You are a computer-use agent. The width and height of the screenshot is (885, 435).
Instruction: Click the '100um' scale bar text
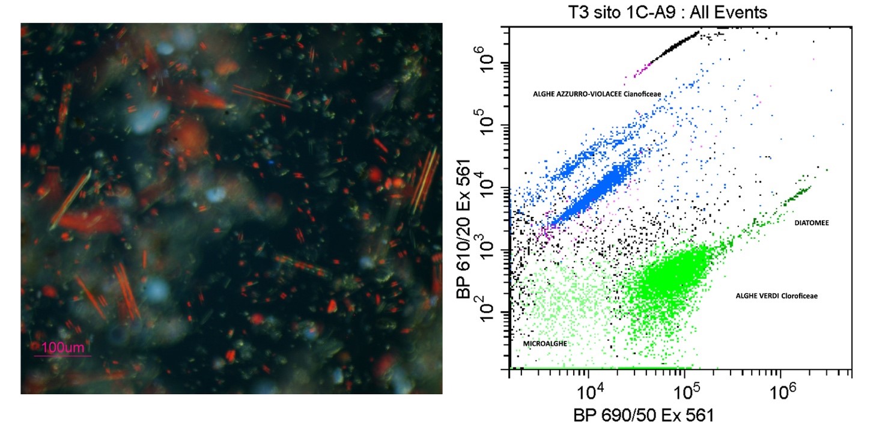coord(62,347)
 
